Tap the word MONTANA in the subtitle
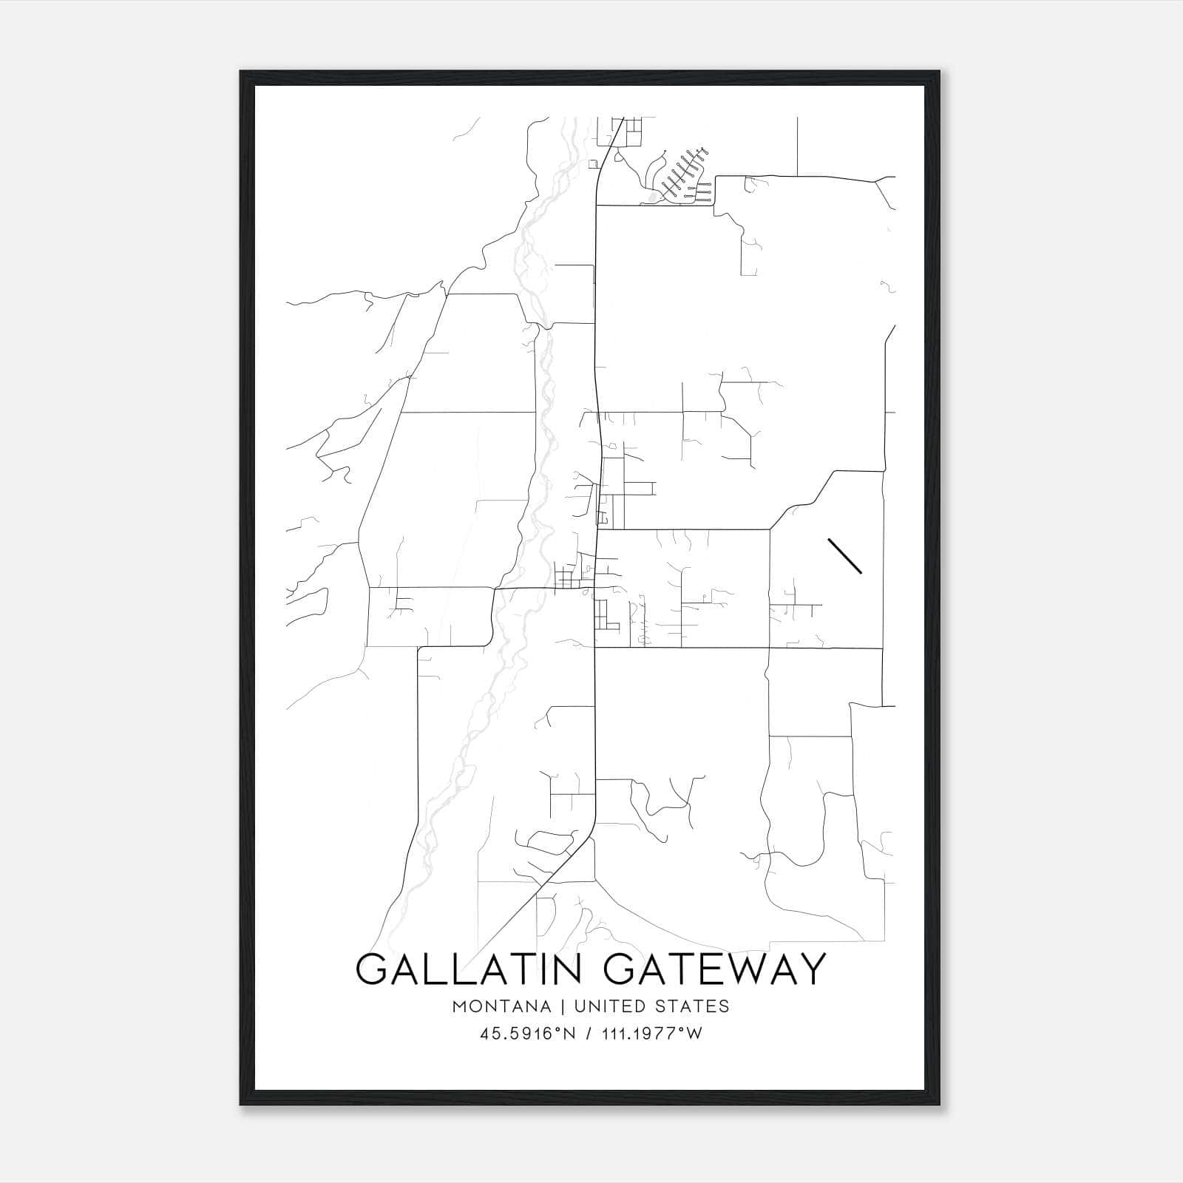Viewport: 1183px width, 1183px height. pos(502,1006)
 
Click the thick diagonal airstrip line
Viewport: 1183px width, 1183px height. pos(845,555)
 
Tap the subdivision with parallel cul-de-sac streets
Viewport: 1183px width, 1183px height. pos(684,177)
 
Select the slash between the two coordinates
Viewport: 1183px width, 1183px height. pos(587,1034)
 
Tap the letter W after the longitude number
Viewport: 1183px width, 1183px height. pos(694,1034)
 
